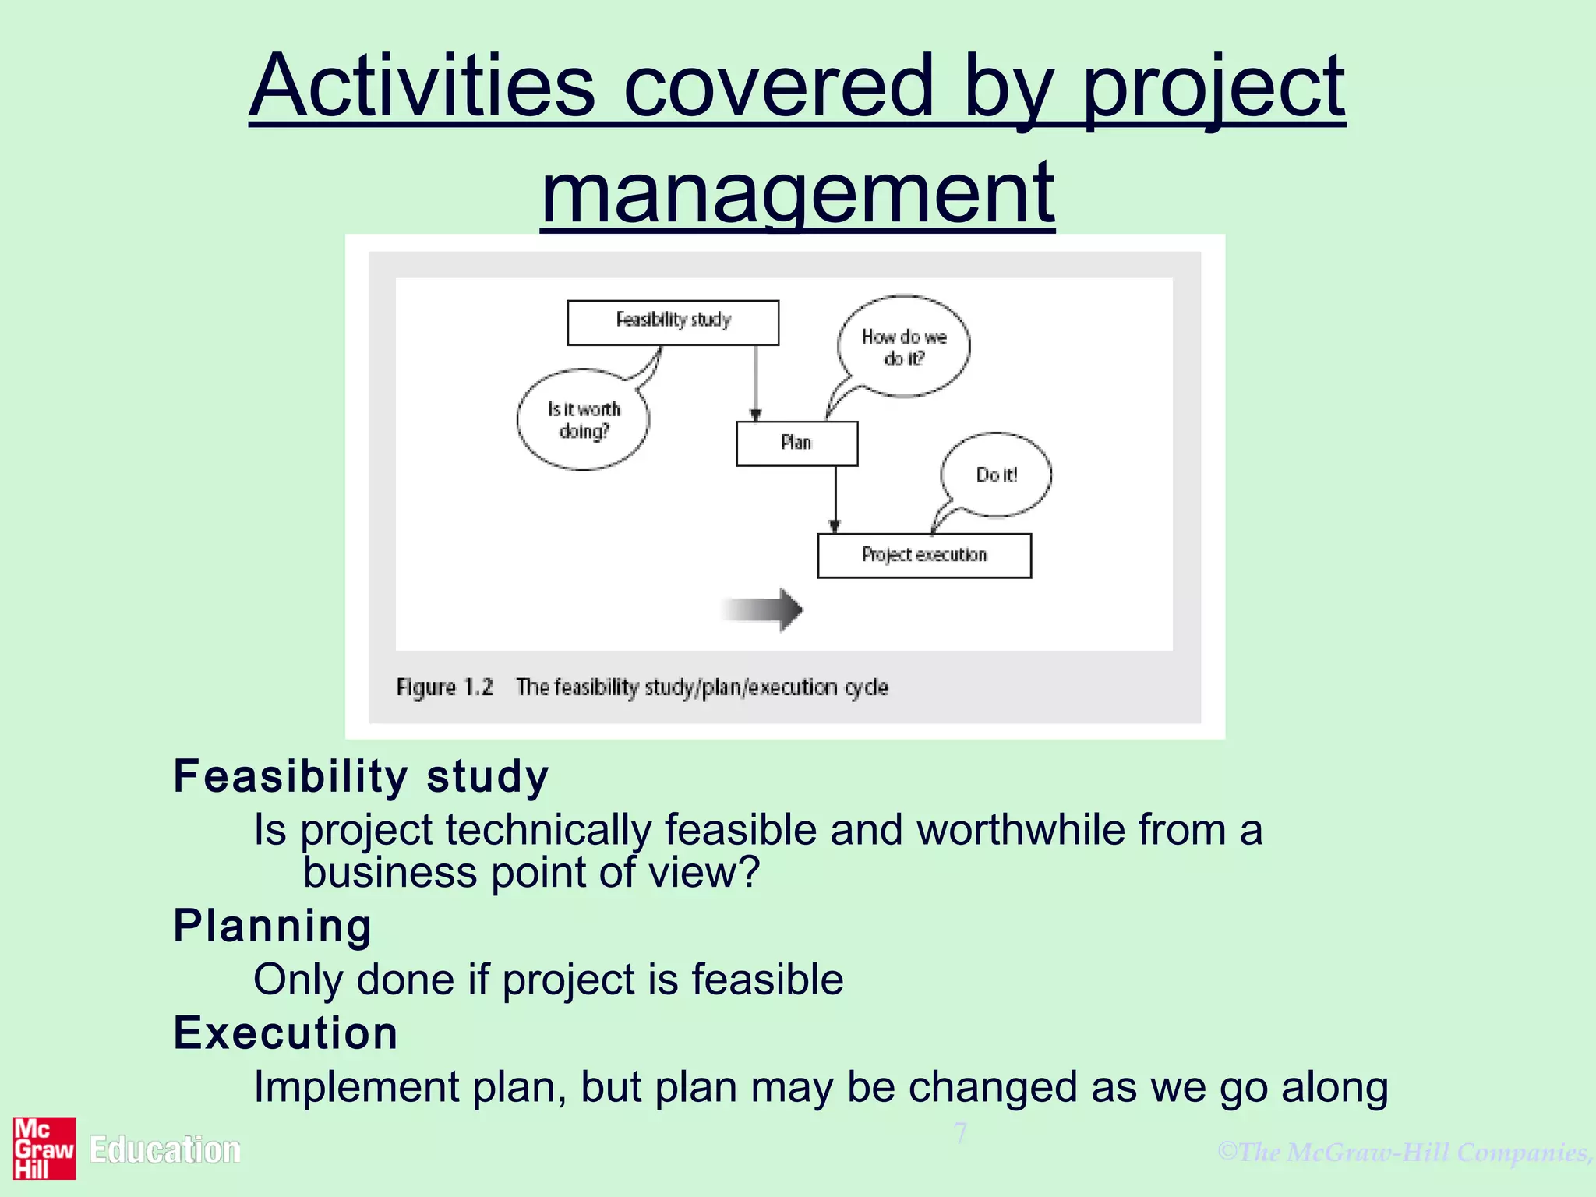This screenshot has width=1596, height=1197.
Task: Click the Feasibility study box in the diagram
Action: tap(673, 322)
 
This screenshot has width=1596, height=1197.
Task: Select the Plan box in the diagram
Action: tap(796, 443)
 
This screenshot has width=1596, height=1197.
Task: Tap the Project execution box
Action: tap(923, 555)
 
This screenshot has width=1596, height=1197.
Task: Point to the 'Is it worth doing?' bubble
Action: tap(583, 420)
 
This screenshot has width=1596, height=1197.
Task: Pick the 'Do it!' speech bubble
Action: tap(996, 475)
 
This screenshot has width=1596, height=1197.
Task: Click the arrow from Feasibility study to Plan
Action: tap(754, 382)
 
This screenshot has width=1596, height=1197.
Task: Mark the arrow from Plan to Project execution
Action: tap(835, 499)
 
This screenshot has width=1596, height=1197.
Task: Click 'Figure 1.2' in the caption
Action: tap(444, 687)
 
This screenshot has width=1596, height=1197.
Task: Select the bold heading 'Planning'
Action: tap(273, 926)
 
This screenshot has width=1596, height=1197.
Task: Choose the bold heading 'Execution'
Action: tap(285, 1033)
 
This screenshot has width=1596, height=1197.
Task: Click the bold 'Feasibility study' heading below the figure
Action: tap(361, 776)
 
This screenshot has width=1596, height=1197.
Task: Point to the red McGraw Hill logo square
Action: tap(44, 1148)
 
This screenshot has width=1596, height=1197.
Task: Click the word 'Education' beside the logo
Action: tap(165, 1150)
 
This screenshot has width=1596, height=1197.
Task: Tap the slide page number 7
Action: tap(961, 1133)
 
